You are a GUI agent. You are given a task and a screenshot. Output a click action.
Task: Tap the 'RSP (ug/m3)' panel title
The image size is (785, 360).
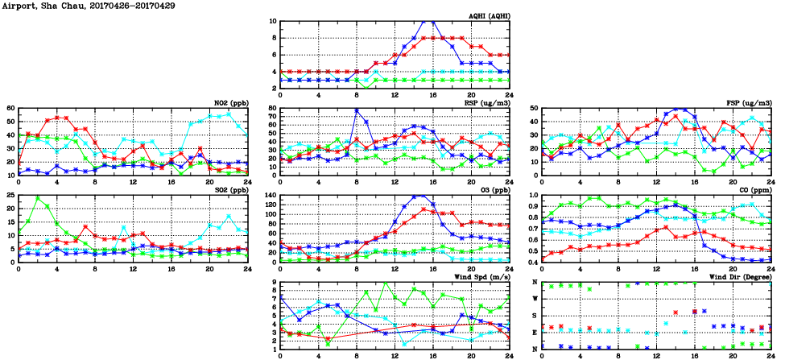pyautogui.click(x=487, y=103)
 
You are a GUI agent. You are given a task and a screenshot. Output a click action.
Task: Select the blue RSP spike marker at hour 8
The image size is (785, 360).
pyautogui.click(x=357, y=110)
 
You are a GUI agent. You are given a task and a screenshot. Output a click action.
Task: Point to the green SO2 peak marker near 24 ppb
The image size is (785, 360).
pyautogui.click(x=38, y=198)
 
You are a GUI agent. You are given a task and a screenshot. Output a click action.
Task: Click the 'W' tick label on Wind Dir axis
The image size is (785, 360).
pyautogui.click(x=533, y=299)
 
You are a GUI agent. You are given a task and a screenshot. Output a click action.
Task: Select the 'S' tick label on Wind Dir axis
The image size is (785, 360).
pyautogui.click(x=533, y=315)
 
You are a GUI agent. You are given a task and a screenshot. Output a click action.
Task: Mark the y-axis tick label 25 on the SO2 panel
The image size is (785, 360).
pyautogui.click(x=10, y=196)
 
